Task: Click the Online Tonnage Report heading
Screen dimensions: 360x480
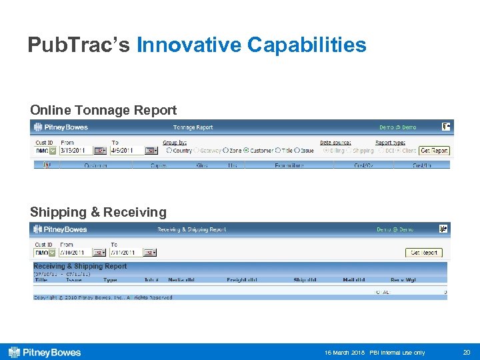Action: (x=103, y=110)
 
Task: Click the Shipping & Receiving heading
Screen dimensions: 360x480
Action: (x=98, y=212)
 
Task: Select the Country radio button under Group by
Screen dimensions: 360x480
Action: (x=169, y=151)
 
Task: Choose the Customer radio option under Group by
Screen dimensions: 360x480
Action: (x=246, y=151)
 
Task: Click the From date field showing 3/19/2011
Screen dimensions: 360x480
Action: (x=75, y=151)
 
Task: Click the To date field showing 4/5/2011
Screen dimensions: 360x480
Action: (x=127, y=151)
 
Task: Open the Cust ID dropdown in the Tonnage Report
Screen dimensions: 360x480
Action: (x=53, y=151)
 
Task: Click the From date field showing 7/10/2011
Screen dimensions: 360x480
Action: (x=75, y=253)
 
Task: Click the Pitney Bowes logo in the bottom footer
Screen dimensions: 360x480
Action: (x=45, y=352)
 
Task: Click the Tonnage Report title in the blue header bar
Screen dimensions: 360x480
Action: (x=193, y=127)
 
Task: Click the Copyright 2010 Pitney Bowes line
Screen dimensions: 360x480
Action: (x=103, y=297)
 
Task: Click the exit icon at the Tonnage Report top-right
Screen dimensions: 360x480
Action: (x=446, y=126)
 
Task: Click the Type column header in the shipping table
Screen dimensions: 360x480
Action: (x=110, y=280)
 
